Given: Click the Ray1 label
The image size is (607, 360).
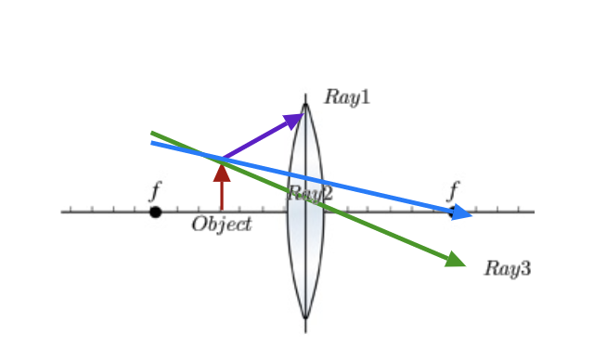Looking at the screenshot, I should point(347,96).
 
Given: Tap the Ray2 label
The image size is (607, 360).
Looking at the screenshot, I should point(310,193).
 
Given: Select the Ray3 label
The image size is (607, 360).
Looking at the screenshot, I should point(507,269).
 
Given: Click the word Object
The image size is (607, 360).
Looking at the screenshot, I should point(222,225).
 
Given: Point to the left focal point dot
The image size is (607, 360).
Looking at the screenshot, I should point(155,212).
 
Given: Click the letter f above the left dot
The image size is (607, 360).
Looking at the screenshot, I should point(155,192).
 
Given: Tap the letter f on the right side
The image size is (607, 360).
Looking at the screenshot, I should point(453,192).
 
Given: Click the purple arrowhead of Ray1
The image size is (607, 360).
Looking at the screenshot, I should point(295,119).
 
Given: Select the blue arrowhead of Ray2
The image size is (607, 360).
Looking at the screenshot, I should point(462,214).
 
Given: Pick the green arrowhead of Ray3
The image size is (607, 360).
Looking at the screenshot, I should point(455,260).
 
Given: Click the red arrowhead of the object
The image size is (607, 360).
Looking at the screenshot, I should point(222,170).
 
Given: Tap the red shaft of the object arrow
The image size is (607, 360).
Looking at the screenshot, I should point(222,195).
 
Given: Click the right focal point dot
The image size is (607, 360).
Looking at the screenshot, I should point(453,212).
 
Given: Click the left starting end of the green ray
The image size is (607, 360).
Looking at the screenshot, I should point(152,133).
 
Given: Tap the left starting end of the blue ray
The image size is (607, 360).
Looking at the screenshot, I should point(152,143).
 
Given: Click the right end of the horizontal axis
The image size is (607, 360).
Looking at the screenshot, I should point(534,212).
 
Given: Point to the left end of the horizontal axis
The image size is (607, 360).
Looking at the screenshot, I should point(62,212).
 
